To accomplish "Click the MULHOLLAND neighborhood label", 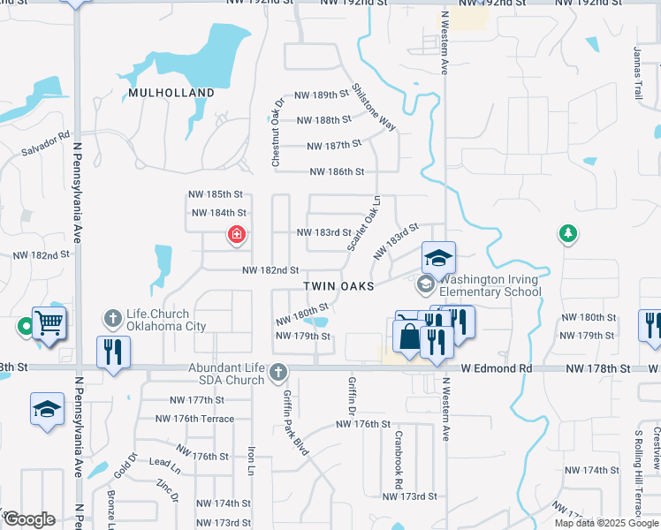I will (171, 93).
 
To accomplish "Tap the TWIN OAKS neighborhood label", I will (339, 287).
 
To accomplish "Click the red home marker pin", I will (236, 235).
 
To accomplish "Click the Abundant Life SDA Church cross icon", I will (278, 371).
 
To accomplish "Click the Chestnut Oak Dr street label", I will (276, 133).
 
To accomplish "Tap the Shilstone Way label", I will (374, 107).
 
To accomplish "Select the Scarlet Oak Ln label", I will (363, 223).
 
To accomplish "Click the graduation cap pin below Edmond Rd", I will (47, 410).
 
